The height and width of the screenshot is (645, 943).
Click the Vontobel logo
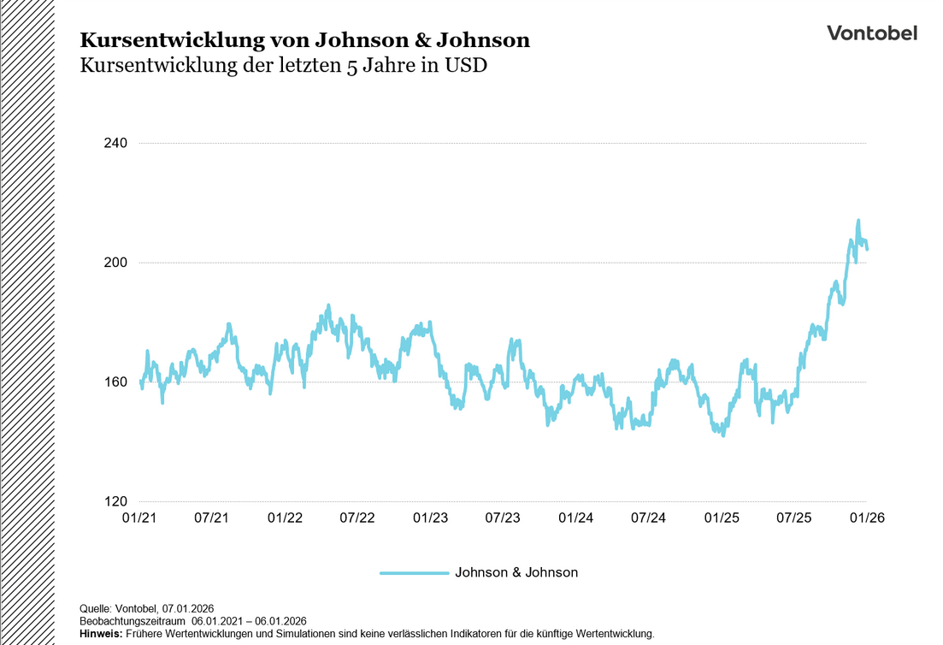coord(871,33)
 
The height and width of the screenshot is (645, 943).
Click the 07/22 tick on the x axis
coord(357,518)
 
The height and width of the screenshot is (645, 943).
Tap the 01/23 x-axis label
coord(430,518)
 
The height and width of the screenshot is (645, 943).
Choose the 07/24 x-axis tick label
coord(649,518)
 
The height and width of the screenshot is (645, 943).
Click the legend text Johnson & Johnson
coord(516,572)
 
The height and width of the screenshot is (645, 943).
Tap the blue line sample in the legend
coord(415,572)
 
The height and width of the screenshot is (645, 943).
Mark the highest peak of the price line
coord(858,221)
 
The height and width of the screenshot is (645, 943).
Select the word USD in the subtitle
coord(465,66)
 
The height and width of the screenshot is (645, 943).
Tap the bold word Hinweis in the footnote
coord(100,634)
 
